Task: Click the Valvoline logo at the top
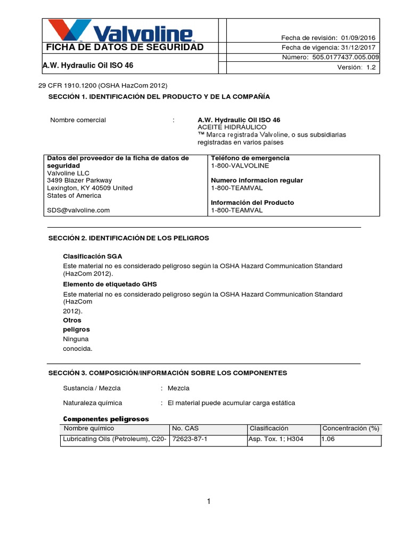coord(120,30)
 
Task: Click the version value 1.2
coord(371,67)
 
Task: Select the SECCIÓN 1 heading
coord(159,97)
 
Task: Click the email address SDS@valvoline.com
coord(78,210)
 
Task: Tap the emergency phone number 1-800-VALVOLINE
coord(240,166)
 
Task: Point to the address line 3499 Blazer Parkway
coord(79,180)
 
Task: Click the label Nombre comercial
coord(78,120)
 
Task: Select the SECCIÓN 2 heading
coord(129,238)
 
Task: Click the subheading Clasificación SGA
coord(93,256)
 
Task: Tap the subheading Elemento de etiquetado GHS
coord(110,284)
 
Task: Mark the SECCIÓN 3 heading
coord(168,373)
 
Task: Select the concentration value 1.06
coord(329,439)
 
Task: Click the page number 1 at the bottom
coord(209,501)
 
